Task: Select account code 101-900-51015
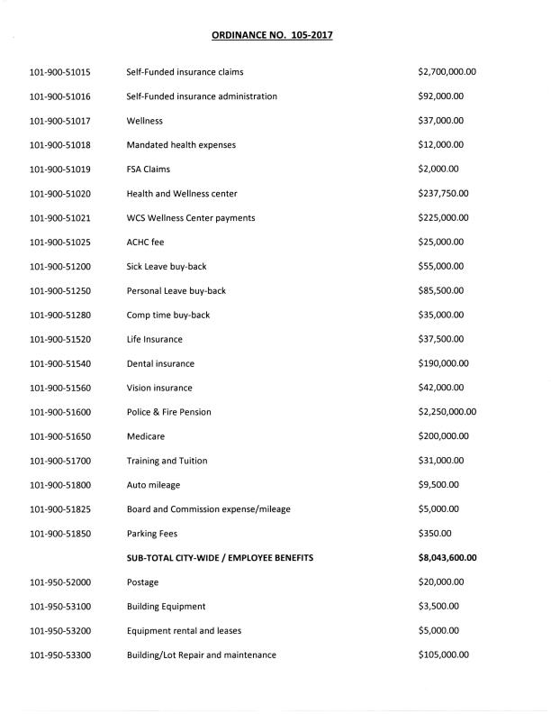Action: [x=65, y=71]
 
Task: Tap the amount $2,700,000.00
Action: [x=447, y=71]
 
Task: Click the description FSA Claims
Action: [x=149, y=169]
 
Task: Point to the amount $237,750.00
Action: [x=444, y=193]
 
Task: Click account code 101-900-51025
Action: [x=65, y=242]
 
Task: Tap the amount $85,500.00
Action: [x=441, y=290]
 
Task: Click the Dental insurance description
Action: [x=160, y=363]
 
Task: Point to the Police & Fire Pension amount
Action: [x=447, y=412]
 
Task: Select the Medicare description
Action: [x=145, y=436]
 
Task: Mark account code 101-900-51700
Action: [x=65, y=461]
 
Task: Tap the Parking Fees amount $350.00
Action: [x=434, y=534]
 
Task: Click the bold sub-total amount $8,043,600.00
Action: [x=447, y=558]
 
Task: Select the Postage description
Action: [x=143, y=582]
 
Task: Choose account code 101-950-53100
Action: [x=65, y=607]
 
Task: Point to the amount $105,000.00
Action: [x=444, y=655]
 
